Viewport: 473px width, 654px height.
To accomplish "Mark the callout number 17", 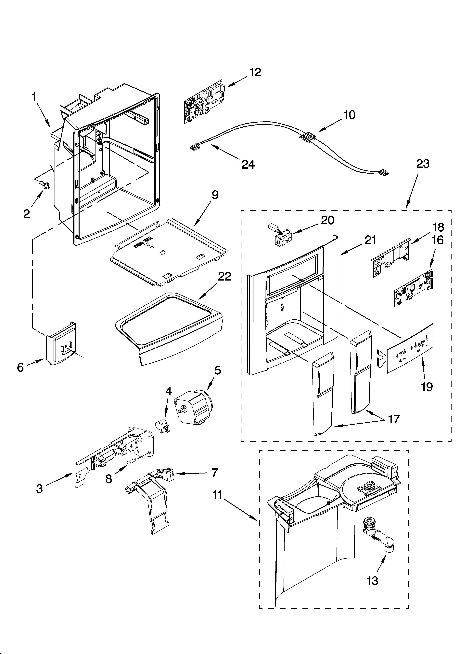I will tap(393, 419).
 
